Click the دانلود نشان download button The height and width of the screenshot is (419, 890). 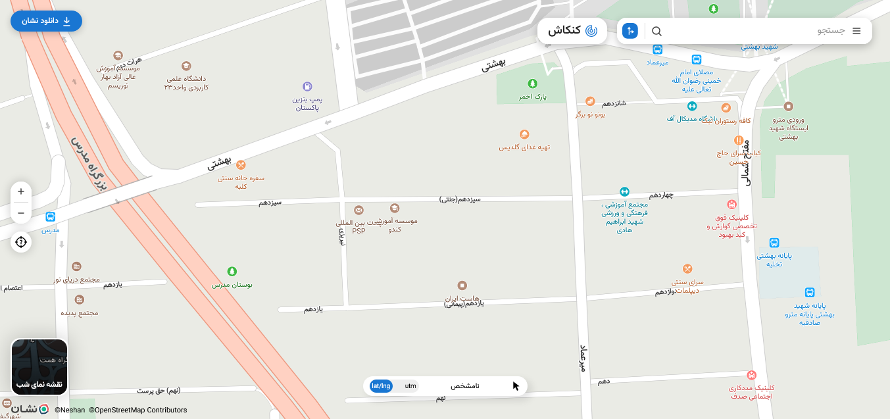pyautogui.click(x=46, y=21)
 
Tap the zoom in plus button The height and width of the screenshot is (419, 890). pyautogui.click(x=21, y=191)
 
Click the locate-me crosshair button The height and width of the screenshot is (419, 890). pyautogui.click(x=21, y=242)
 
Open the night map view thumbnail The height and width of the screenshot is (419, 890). pyautogui.click(x=39, y=366)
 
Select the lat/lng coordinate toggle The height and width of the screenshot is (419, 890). pyautogui.click(x=381, y=386)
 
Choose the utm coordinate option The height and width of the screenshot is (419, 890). pyautogui.click(x=410, y=386)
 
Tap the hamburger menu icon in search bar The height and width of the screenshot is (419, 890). pyautogui.click(x=856, y=31)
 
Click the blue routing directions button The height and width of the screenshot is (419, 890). pyautogui.click(x=630, y=31)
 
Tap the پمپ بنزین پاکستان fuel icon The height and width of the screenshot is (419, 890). pyautogui.click(x=307, y=86)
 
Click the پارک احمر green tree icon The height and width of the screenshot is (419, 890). pyautogui.click(x=533, y=84)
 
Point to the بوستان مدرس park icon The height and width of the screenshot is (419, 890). pyautogui.click(x=232, y=271)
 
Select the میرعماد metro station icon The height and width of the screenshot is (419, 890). pyautogui.click(x=657, y=49)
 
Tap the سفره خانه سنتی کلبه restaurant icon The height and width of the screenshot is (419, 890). pyautogui.click(x=241, y=165)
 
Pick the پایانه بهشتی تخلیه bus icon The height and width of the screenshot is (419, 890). pyautogui.click(x=774, y=243)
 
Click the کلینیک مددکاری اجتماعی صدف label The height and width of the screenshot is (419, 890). pyautogui.click(x=752, y=392)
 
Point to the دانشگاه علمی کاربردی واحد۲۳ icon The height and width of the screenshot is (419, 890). pyautogui.click(x=186, y=66)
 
